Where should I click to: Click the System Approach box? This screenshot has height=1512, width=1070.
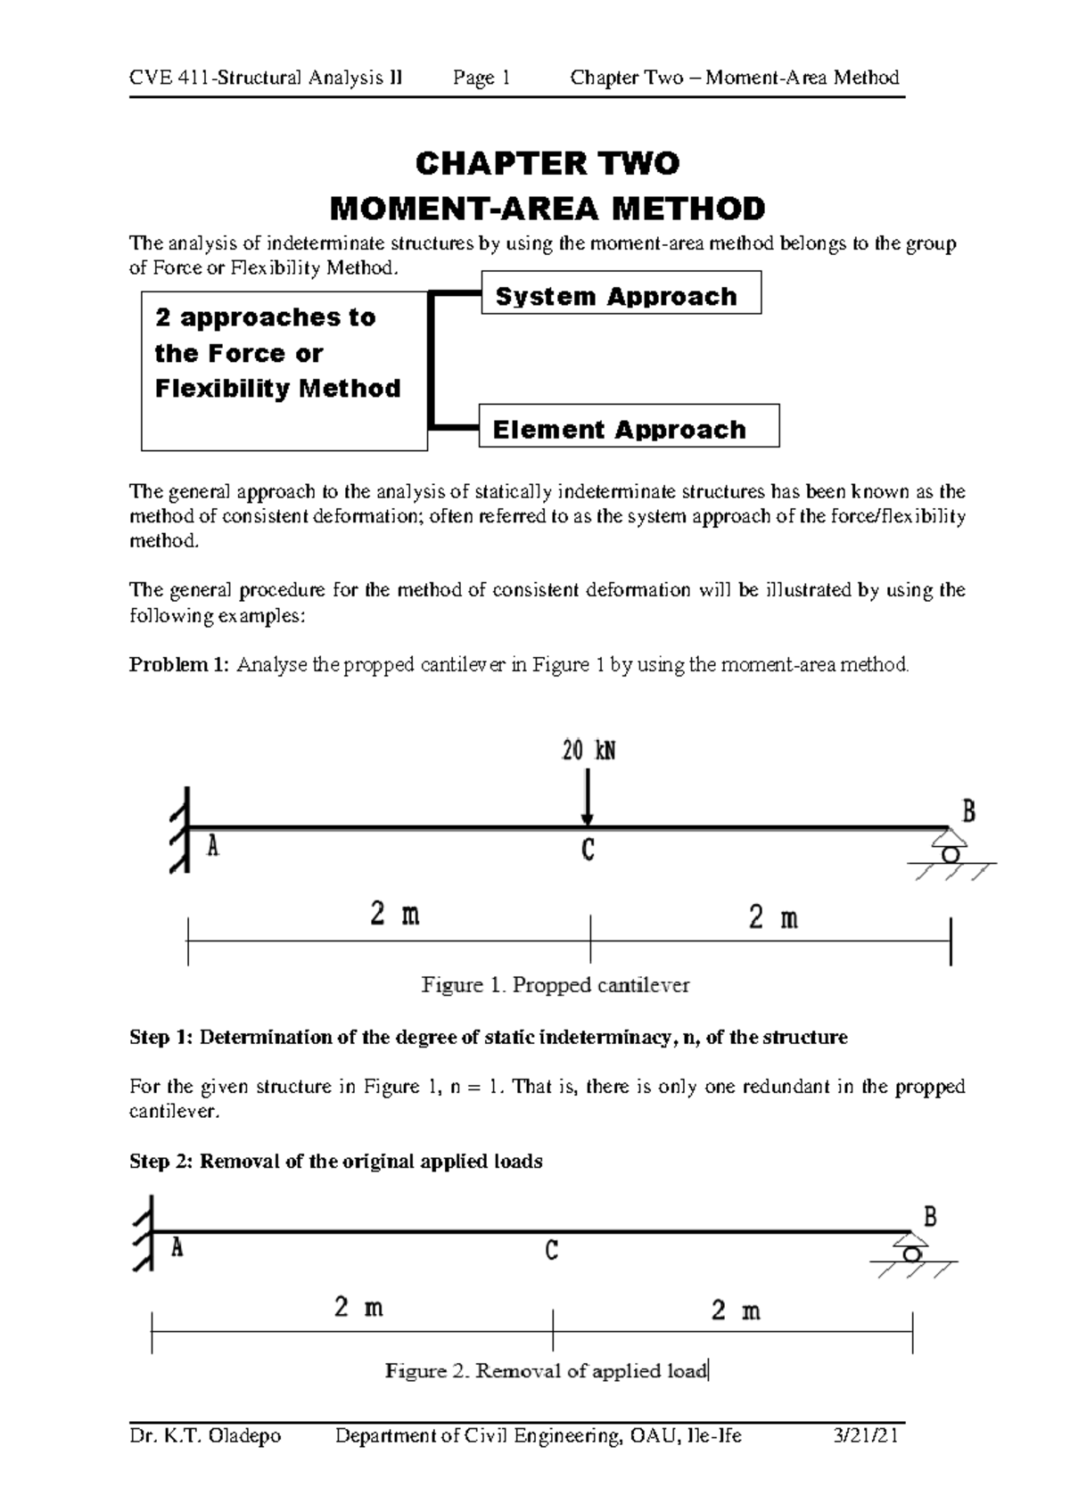(621, 293)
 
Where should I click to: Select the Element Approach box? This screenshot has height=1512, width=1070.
(629, 427)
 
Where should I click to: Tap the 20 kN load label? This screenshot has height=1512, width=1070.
(588, 752)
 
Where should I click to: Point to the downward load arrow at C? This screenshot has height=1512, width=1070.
(587, 798)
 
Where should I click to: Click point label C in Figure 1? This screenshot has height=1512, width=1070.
(588, 852)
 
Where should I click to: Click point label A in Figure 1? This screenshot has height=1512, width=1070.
(213, 846)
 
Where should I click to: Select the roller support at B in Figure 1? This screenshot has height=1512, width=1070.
(951, 848)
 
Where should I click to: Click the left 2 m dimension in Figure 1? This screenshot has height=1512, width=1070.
(395, 916)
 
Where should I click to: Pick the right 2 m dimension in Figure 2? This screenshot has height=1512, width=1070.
(736, 1311)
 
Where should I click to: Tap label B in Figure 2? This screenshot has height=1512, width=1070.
(930, 1217)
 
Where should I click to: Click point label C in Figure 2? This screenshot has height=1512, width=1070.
(551, 1253)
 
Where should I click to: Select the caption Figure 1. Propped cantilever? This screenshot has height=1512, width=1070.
(556, 985)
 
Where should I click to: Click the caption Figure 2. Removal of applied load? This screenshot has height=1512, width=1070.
(546, 1370)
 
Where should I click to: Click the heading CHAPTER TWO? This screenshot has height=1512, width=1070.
(547, 164)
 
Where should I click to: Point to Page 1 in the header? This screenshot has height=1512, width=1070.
(481, 78)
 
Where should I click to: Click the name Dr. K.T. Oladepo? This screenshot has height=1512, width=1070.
(205, 1435)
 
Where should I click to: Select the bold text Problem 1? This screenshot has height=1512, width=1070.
(179, 665)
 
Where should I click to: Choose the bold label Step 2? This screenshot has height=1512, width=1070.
(161, 1162)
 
